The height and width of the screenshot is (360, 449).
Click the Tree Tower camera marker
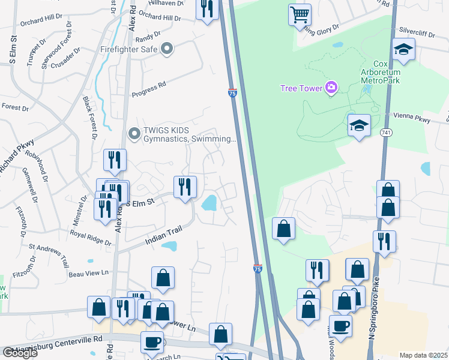coord(331,88)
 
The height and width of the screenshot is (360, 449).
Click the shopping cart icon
coord(300,14)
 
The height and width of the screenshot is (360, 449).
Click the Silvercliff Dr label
coord(416,31)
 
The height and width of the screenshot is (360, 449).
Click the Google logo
coord(20,352)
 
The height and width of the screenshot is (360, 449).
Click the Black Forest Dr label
coord(91,116)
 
